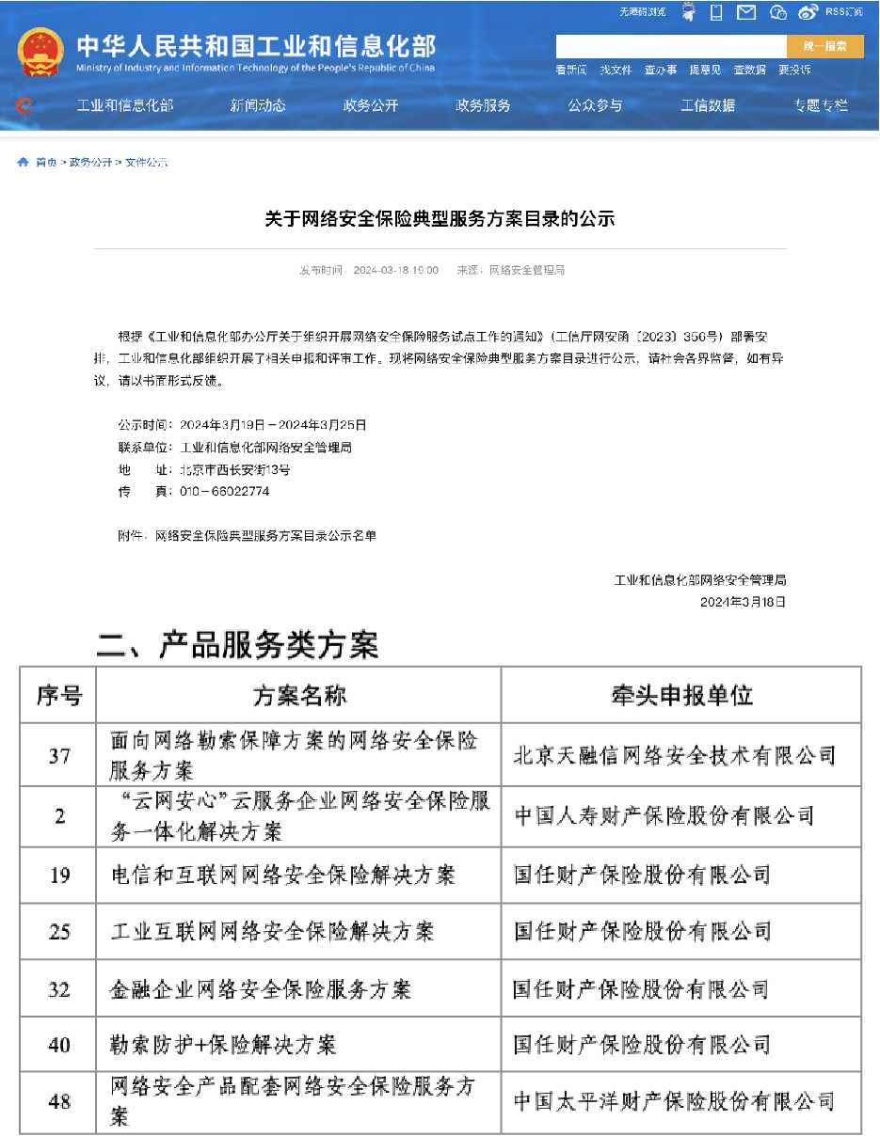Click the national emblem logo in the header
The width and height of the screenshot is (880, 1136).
pyautogui.click(x=40, y=53)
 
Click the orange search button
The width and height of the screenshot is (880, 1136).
pyautogui.click(x=824, y=46)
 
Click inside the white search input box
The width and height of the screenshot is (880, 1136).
pyautogui.click(x=670, y=46)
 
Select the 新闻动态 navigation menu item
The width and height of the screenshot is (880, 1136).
pyautogui.click(x=258, y=105)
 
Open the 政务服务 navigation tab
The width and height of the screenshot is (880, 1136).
pyautogui.click(x=483, y=105)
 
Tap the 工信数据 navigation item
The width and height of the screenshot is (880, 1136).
pyautogui.click(x=708, y=105)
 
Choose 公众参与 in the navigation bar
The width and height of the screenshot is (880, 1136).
pyautogui.click(x=595, y=105)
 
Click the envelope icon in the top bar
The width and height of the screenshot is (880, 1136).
pyautogui.click(x=746, y=12)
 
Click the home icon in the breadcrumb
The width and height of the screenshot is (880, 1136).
pyautogui.click(x=24, y=163)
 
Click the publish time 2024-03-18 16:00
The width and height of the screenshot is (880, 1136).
pyautogui.click(x=395, y=271)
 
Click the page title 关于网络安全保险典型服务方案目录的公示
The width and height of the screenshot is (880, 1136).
pyautogui.click(x=440, y=219)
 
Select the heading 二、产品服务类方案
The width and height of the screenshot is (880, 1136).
pyautogui.click(x=237, y=645)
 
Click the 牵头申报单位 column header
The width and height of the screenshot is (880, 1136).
pyautogui.click(x=681, y=695)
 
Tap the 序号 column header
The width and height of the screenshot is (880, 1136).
pyautogui.click(x=58, y=695)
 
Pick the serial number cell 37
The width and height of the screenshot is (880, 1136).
pyautogui.click(x=58, y=755)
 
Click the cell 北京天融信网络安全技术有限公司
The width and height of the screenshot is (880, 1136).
pyautogui.click(x=675, y=755)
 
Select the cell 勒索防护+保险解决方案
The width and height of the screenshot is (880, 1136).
pyautogui.click(x=223, y=1044)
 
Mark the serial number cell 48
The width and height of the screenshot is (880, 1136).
pyautogui.click(x=58, y=1101)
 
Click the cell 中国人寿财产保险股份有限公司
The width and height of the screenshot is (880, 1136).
pyautogui.click(x=664, y=815)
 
